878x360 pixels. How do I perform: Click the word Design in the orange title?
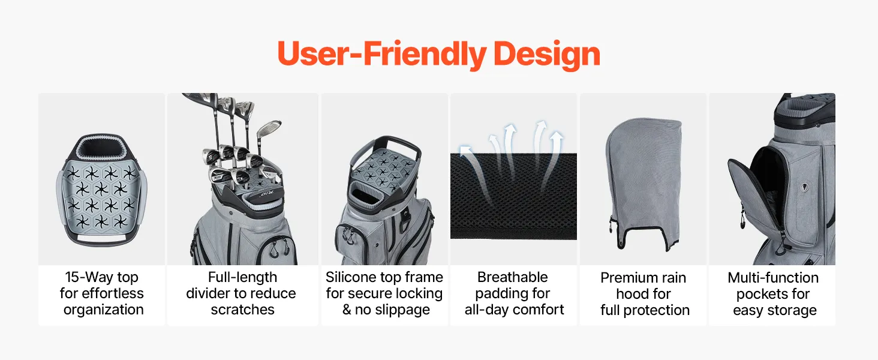click(546, 55)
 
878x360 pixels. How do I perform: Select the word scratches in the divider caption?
click(243, 310)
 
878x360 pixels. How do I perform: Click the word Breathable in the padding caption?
click(513, 277)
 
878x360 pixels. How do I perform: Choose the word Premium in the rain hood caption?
click(625, 278)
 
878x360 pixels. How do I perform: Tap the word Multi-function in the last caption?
click(773, 278)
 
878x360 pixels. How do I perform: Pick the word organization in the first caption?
click(104, 310)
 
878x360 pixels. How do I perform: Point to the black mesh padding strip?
click(513, 196)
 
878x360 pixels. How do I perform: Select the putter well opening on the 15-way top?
click(101, 148)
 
